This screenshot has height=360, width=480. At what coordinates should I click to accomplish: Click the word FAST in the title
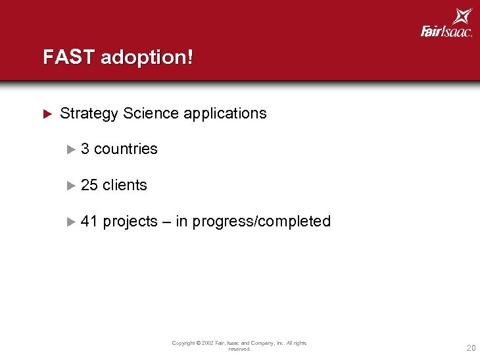pyautogui.click(x=69, y=57)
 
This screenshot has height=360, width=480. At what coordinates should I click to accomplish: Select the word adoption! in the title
pyautogui.click(x=147, y=57)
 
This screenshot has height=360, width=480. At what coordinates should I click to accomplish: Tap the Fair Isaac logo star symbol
pyautogui.click(x=462, y=16)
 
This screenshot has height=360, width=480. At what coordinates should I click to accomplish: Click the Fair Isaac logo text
pyautogui.click(x=446, y=31)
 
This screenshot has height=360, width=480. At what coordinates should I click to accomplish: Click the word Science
pyautogui.click(x=151, y=113)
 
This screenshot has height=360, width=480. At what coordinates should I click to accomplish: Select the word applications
pyautogui.click(x=226, y=113)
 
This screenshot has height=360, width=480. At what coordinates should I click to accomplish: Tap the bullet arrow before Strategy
pyautogui.click(x=47, y=113)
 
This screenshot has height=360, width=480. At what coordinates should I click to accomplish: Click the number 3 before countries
pyautogui.click(x=85, y=149)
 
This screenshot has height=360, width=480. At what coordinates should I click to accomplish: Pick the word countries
pyautogui.click(x=126, y=149)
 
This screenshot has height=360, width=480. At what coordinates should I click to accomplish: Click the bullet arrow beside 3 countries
pyautogui.click(x=72, y=149)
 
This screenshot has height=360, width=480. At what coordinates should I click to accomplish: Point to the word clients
pyautogui.click(x=125, y=185)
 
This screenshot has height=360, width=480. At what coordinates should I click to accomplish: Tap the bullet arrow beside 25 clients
pyautogui.click(x=72, y=186)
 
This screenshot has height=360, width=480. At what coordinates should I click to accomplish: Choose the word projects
pyautogui.click(x=130, y=222)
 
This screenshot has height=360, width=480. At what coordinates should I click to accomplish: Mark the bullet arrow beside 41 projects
pyautogui.click(x=72, y=222)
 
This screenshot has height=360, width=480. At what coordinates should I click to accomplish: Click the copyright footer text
pyautogui.click(x=239, y=346)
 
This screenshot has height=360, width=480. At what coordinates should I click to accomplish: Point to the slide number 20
pyautogui.click(x=471, y=348)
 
